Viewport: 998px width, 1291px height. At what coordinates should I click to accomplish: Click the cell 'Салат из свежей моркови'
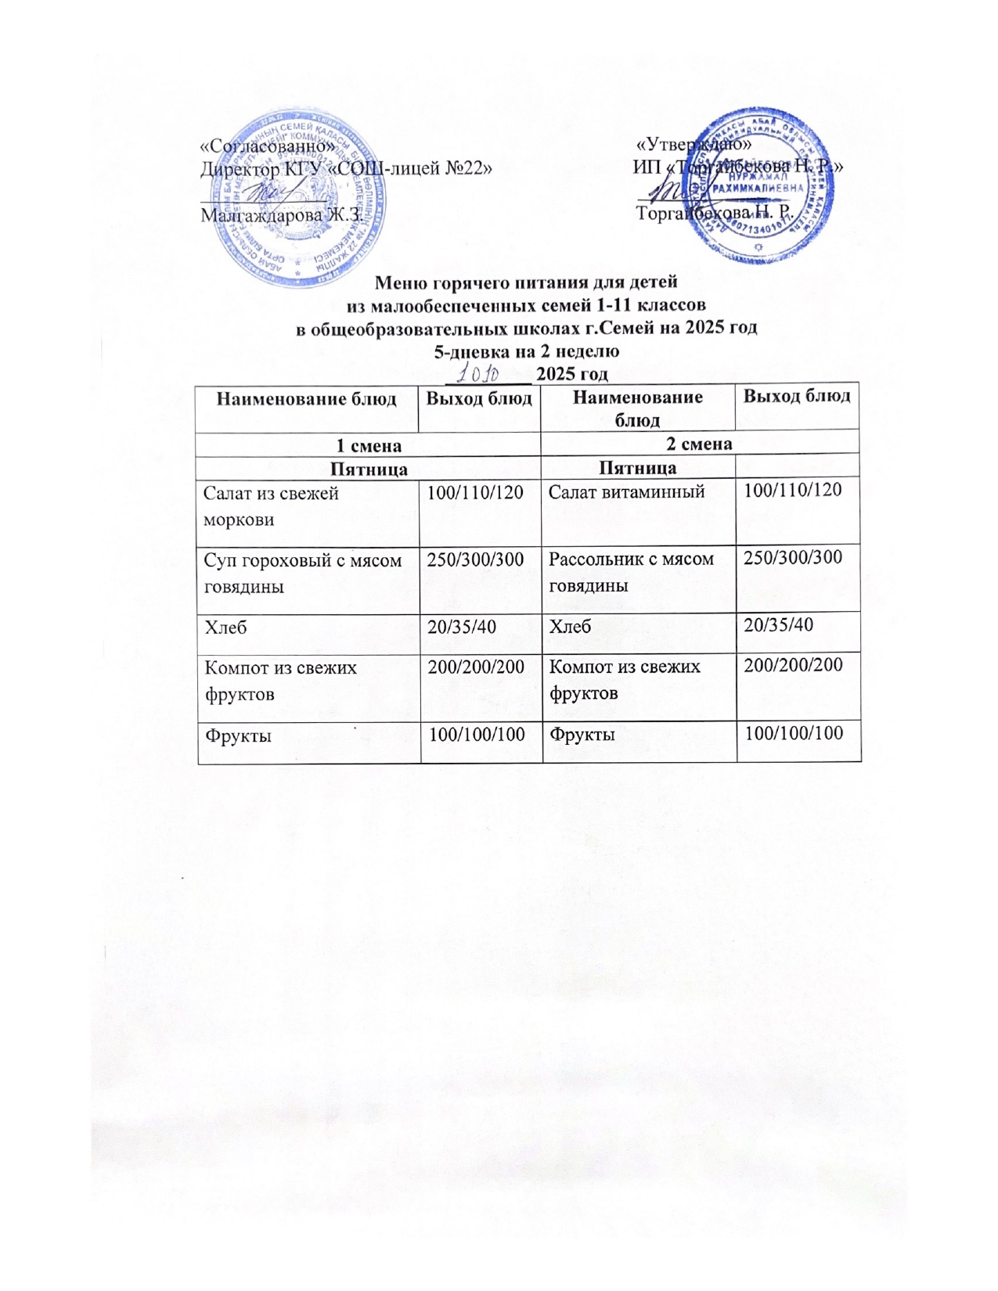271,505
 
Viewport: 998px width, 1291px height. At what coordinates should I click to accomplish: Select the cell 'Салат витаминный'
626,492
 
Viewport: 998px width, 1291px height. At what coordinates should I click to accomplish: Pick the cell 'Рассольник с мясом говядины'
631,571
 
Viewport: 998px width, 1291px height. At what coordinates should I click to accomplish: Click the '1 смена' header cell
369,445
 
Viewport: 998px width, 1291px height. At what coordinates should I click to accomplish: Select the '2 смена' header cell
699,444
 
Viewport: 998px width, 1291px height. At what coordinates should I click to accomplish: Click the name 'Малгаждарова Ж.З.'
280,214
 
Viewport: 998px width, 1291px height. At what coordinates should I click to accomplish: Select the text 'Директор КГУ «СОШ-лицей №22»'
346,168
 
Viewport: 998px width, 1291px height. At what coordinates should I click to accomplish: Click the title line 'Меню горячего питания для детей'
526,282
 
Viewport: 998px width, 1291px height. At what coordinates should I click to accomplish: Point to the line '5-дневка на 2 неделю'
526,351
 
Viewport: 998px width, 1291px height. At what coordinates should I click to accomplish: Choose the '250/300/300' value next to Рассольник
793,558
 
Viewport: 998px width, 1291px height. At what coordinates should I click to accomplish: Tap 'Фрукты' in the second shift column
581,735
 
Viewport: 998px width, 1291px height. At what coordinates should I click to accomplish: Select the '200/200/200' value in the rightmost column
793,665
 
